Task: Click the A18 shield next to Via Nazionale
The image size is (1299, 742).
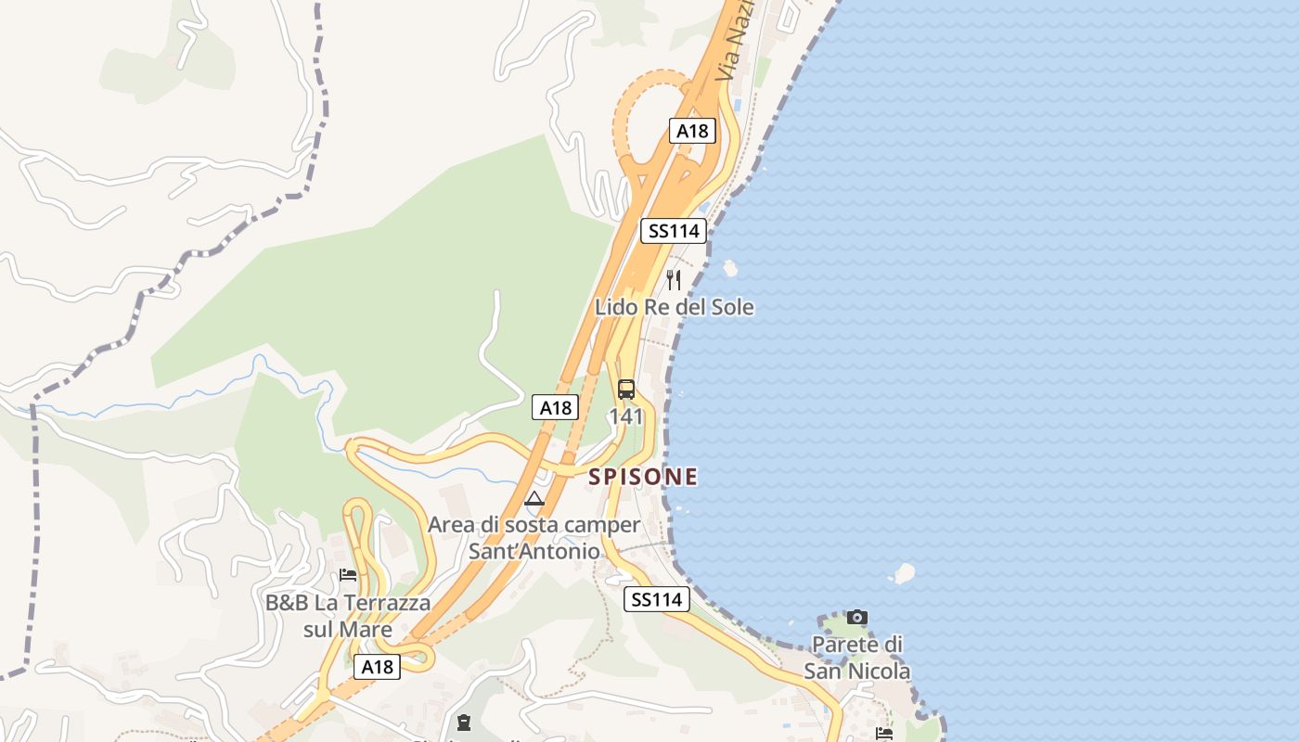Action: tap(692, 131)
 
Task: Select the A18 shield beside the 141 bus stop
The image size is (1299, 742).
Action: tap(555, 407)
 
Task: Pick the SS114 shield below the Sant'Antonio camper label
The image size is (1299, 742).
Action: tap(657, 599)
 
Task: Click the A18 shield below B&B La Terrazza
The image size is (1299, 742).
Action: tap(378, 667)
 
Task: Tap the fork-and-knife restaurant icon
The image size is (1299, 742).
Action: tap(675, 279)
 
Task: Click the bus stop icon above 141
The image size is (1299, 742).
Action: tap(626, 390)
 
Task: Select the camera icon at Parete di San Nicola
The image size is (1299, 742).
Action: tap(857, 617)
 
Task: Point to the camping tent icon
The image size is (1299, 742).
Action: tap(534, 499)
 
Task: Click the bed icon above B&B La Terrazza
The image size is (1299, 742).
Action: tap(348, 575)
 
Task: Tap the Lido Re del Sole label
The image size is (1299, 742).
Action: tap(675, 307)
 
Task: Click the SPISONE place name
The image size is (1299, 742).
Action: tap(643, 477)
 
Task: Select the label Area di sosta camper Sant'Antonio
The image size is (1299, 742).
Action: tap(534, 538)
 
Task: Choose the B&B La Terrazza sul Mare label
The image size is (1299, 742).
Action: tap(348, 616)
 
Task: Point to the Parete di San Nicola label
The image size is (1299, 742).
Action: tap(857, 657)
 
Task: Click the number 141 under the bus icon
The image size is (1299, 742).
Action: tap(626, 416)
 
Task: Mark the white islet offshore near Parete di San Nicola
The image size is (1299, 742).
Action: tap(904, 572)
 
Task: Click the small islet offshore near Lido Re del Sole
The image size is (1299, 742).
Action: tap(730, 268)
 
